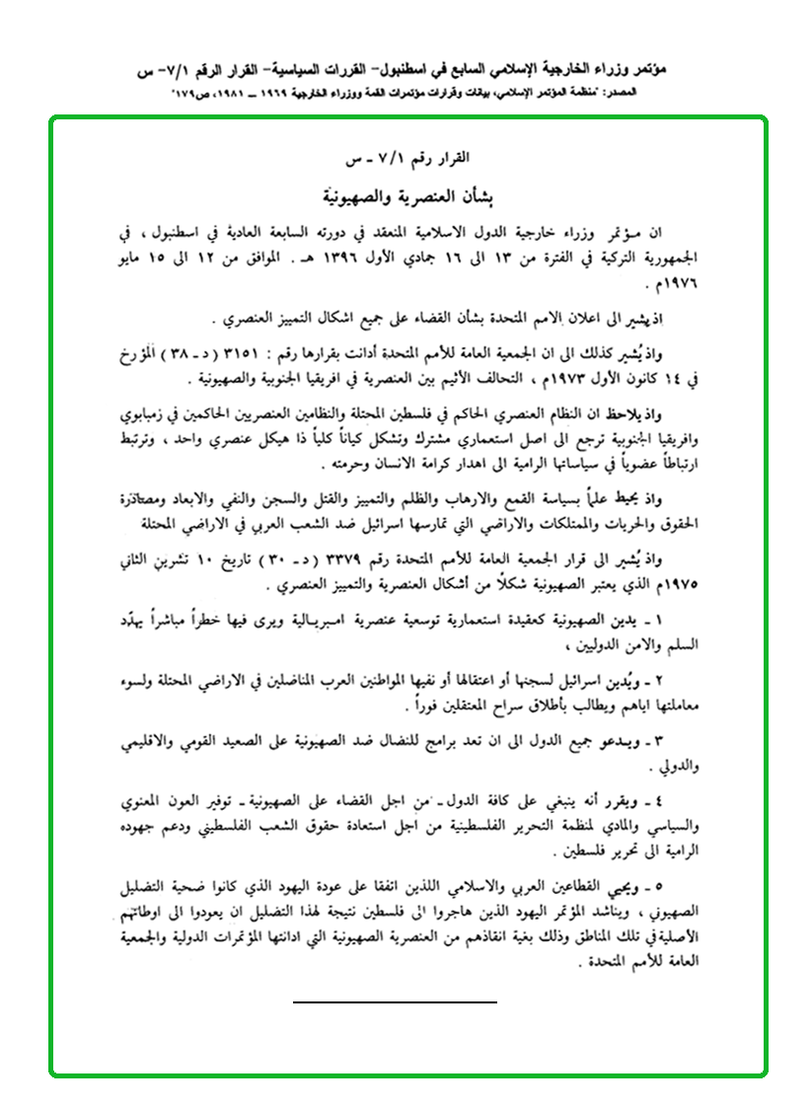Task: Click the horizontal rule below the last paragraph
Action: click(x=395, y=1001)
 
